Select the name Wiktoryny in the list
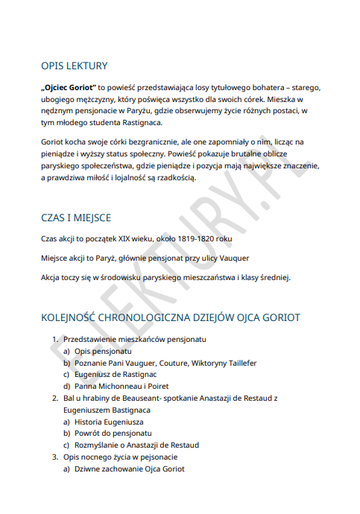point(198,363)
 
